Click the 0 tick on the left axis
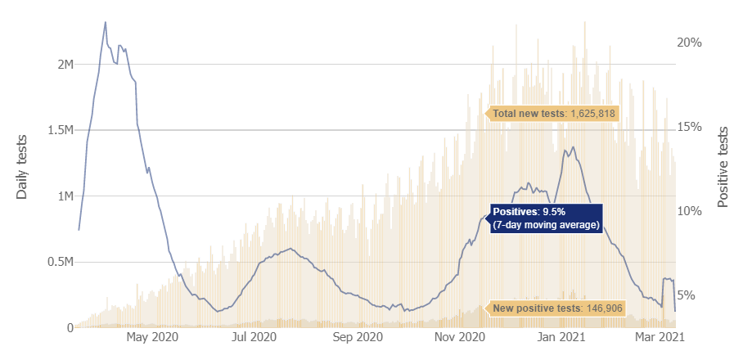point(69,328)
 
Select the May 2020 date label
point(153,336)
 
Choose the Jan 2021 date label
point(562,336)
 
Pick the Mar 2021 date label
point(660,336)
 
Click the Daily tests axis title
point(22,166)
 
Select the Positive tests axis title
point(723,167)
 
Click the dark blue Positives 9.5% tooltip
point(546,218)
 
